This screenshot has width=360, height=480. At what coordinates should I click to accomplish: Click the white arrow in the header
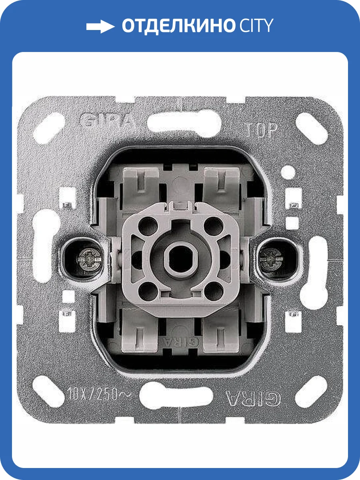pyautogui.click(x=100, y=26)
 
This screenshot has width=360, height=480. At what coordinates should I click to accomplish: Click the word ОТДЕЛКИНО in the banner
pyautogui.click(x=178, y=26)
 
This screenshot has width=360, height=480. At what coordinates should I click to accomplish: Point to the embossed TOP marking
pyautogui.click(x=262, y=130)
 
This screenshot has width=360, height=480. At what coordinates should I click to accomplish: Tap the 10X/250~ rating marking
pyautogui.click(x=99, y=394)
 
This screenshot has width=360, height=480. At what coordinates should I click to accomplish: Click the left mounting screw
pyautogui.click(x=89, y=259)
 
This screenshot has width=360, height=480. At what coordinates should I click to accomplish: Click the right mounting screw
pyautogui.click(x=271, y=259)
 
